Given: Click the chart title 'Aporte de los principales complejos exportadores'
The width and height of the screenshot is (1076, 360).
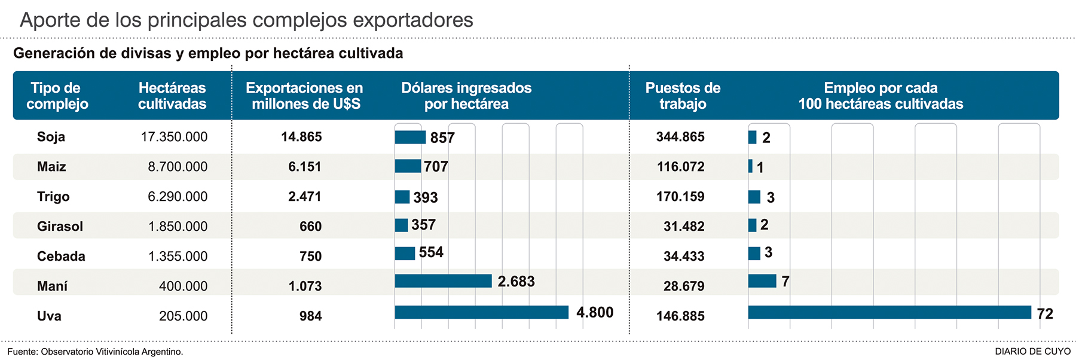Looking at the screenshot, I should [246, 20].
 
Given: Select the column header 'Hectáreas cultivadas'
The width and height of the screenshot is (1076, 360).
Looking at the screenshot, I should [172, 96].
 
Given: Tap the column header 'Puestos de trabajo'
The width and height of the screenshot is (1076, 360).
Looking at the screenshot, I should [683, 96].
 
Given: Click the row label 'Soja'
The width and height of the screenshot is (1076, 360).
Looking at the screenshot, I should [51, 137].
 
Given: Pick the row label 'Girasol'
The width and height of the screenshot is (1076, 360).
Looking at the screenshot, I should [60, 227].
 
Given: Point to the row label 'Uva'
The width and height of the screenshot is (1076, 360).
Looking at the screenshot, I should [49, 316].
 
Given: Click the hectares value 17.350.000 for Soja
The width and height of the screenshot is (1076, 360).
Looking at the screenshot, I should [174, 137].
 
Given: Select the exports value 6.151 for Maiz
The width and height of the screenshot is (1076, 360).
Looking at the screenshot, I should [305, 167].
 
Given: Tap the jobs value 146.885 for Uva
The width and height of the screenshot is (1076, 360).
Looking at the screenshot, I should [680, 316].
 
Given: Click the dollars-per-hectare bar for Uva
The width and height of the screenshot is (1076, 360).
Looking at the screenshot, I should [481, 312].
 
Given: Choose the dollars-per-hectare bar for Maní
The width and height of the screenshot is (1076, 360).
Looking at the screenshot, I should [443, 281].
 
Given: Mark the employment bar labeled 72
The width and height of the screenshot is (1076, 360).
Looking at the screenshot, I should [889, 312].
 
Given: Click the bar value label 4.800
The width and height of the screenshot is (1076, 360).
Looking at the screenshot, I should [595, 313].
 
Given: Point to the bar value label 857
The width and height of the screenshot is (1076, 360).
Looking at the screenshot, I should [442, 138].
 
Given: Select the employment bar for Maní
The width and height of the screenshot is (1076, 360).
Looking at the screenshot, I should [762, 281].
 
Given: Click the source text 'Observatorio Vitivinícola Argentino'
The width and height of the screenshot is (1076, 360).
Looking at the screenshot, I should [111, 352].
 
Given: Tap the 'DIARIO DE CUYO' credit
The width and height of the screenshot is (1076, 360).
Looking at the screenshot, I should [1032, 352].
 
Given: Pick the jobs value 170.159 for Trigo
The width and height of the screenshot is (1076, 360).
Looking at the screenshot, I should [680, 197].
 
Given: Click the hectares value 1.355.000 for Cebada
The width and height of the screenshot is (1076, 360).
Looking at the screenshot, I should [178, 257].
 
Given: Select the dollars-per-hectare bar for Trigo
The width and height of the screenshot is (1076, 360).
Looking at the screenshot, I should [402, 197].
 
